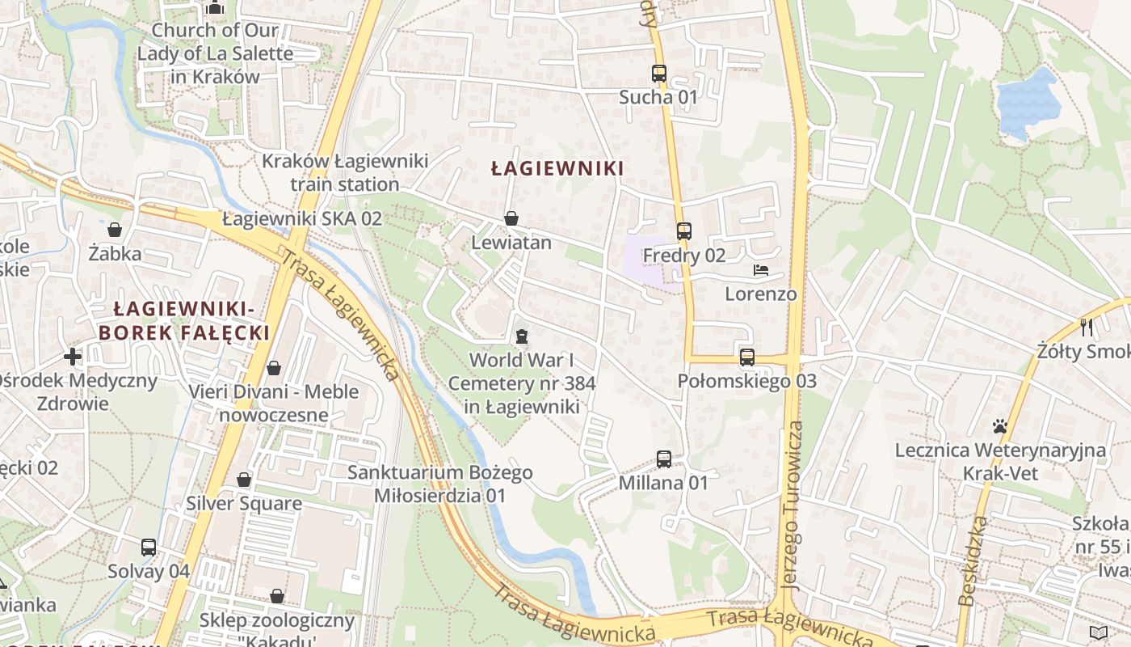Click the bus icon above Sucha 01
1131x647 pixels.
click(659, 74)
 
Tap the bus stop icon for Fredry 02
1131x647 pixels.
click(684, 231)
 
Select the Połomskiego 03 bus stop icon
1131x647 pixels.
click(747, 357)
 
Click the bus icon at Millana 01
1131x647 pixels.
click(664, 459)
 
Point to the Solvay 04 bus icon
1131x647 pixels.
click(149, 548)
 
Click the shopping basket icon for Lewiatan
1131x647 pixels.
click(511, 218)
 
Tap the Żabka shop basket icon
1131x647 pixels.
click(115, 230)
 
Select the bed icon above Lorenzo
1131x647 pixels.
click(760, 270)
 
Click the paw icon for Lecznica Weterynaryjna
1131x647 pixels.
click(1000, 426)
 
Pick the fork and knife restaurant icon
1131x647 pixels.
click(1087, 328)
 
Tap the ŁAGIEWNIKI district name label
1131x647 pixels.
click(557, 168)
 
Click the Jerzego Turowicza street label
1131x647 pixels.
click(793, 505)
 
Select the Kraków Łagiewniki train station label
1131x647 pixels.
click(345, 172)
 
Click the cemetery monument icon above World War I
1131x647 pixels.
click(522, 336)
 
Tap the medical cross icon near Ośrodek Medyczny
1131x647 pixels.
click(73, 356)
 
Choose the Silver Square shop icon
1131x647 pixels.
click(244, 480)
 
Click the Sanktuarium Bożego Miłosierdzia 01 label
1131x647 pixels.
click(440, 484)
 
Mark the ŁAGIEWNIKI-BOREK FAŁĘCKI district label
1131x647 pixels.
click(184, 320)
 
